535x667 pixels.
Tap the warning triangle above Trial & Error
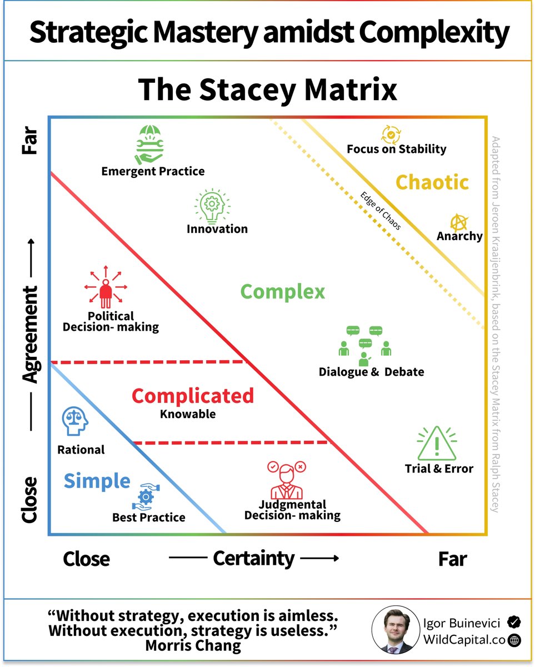click(437, 443)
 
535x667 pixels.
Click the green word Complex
click(282, 292)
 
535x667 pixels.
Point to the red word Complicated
click(193, 396)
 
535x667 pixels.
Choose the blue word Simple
click(97, 481)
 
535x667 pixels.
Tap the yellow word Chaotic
click(432, 182)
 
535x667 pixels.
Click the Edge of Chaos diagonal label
click(381, 211)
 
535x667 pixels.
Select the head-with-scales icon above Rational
click(76, 421)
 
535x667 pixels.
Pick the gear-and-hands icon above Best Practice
click(146, 495)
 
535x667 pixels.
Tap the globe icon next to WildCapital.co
click(515, 640)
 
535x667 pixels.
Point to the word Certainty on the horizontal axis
click(253, 558)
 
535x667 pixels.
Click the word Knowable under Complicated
click(188, 414)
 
